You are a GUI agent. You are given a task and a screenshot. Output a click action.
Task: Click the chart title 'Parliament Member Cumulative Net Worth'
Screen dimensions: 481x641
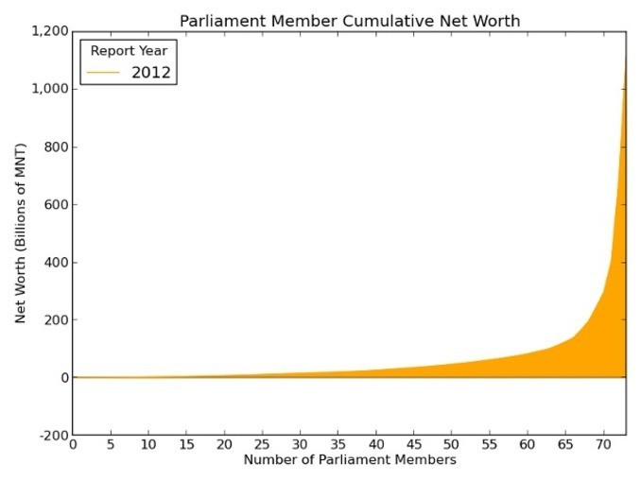pyautogui.click(x=349, y=20)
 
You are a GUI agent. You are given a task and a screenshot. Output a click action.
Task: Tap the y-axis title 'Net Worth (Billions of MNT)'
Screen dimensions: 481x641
pyautogui.click(x=20, y=233)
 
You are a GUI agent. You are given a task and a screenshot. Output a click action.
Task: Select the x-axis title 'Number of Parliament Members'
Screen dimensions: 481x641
pyautogui.click(x=350, y=460)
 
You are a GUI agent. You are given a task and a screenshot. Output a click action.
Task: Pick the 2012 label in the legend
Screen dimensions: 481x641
pyautogui.click(x=151, y=72)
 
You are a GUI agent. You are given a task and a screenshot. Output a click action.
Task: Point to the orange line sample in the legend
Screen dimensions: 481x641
pyautogui.click(x=106, y=72)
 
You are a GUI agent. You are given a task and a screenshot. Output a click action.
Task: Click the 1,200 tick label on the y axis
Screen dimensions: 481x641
pyautogui.click(x=48, y=31)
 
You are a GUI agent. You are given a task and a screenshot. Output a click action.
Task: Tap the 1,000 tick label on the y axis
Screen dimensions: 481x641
pyautogui.click(x=48, y=89)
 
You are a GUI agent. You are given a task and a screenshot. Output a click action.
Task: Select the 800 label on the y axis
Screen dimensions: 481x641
pyautogui.click(x=55, y=147)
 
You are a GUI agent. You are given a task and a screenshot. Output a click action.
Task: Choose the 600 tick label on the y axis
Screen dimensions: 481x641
pyautogui.click(x=55, y=205)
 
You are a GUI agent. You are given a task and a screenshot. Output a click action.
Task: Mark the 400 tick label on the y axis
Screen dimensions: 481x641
pyautogui.click(x=55, y=263)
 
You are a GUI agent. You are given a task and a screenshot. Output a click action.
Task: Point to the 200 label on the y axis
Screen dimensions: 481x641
pyautogui.click(x=55, y=320)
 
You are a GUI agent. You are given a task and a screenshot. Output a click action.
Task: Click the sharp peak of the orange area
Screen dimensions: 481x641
pyautogui.click(x=625, y=57)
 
